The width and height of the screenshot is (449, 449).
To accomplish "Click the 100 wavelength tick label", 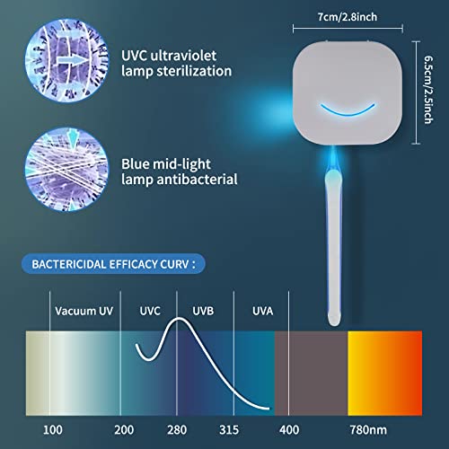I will click(54, 430).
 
